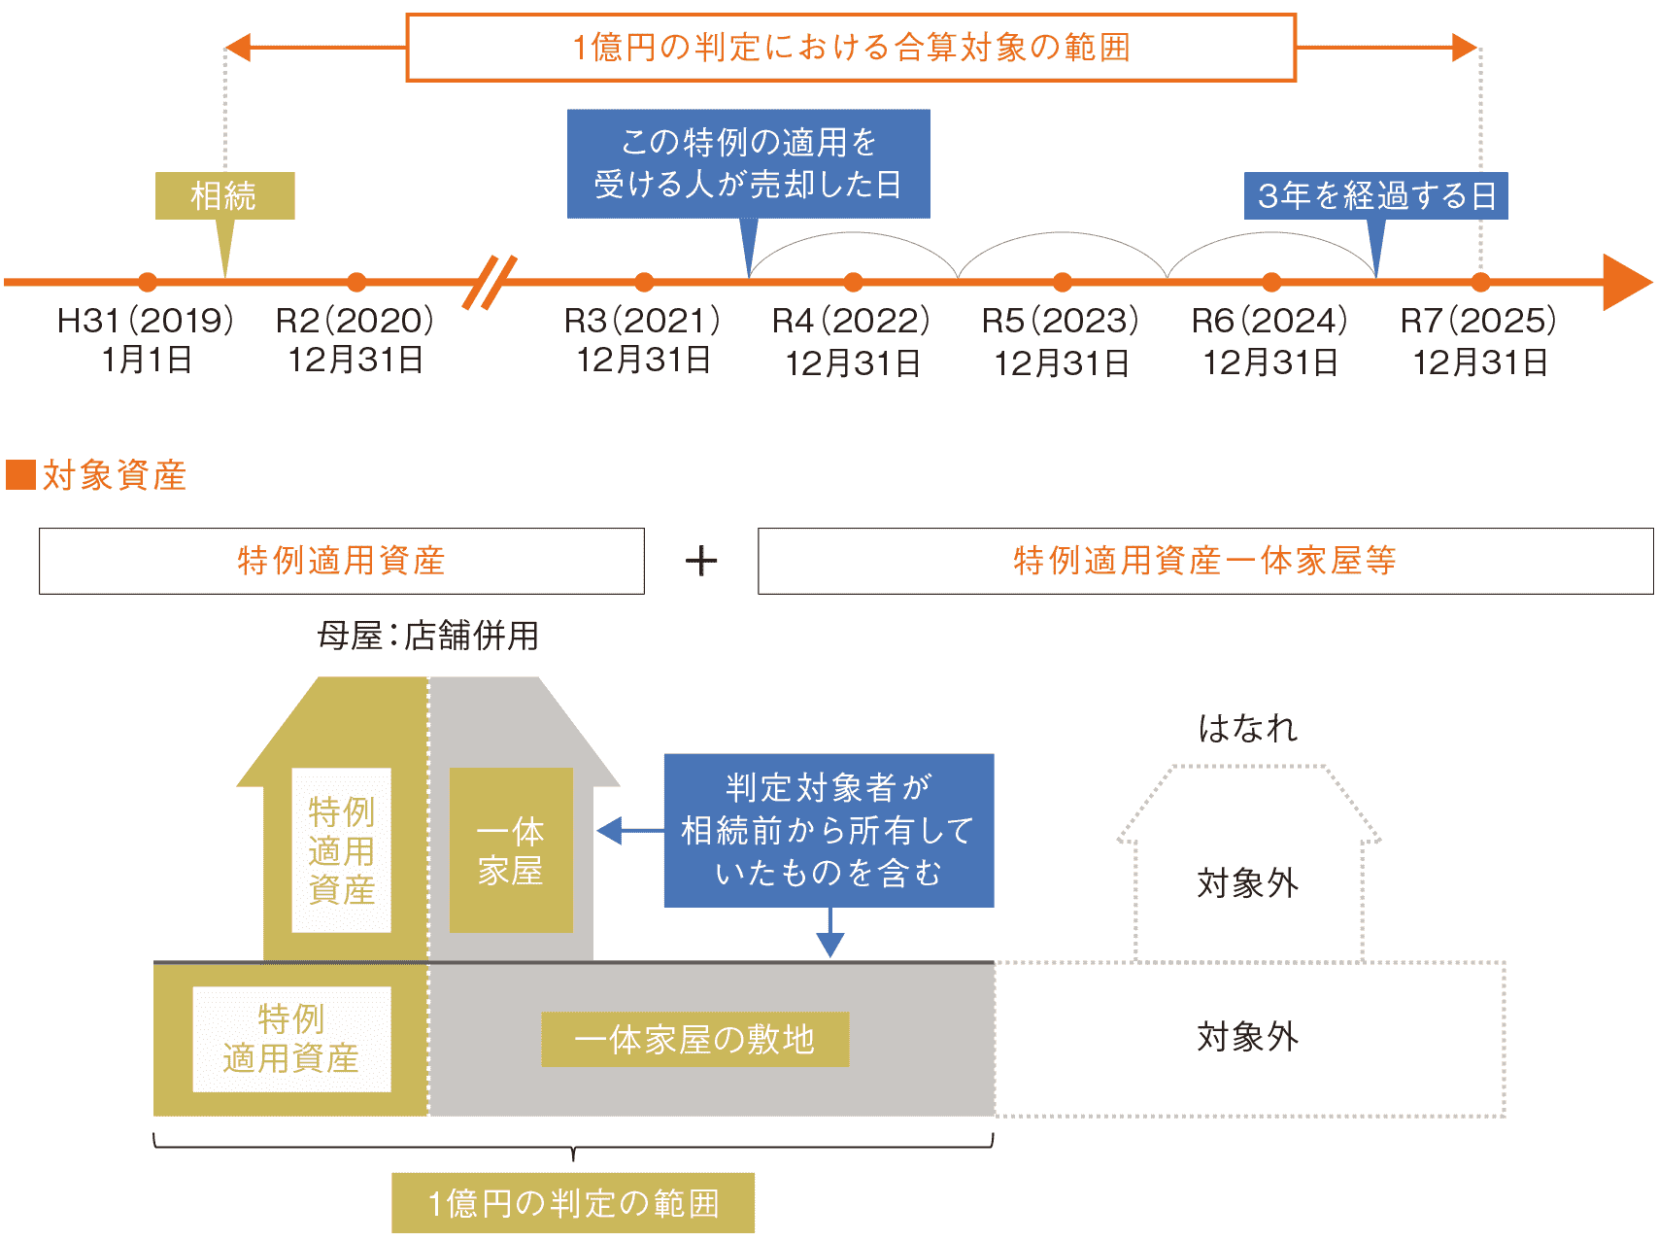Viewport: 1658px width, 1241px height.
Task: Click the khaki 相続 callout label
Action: [224, 195]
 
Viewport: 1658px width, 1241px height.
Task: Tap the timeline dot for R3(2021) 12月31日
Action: [644, 283]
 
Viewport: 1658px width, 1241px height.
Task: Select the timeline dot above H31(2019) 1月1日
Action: [148, 283]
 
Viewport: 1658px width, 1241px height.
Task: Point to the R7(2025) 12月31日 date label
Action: [1478, 341]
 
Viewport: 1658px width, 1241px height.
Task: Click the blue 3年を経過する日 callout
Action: [1375, 195]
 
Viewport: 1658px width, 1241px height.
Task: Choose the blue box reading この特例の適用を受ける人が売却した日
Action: [748, 163]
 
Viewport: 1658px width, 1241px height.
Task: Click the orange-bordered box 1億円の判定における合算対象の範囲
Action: [851, 48]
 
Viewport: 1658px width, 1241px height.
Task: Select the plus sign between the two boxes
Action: [700, 561]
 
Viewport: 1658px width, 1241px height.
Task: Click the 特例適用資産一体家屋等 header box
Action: [1204, 561]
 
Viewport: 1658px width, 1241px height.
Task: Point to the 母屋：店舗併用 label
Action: [427, 636]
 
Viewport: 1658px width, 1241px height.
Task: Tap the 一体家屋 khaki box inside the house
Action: [511, 850]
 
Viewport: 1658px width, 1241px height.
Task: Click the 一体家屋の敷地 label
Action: [694, 1040]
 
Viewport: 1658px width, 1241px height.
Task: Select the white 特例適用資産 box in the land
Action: [291, 1039]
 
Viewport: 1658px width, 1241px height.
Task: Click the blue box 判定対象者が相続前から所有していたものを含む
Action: [829, 830]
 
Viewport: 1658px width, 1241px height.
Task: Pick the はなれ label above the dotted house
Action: [1248, 728]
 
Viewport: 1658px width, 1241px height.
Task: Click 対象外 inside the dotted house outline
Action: [1248, 883]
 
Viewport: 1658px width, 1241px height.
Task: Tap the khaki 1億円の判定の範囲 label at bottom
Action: [573, 1203]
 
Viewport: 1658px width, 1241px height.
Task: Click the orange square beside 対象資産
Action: [20, 475]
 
